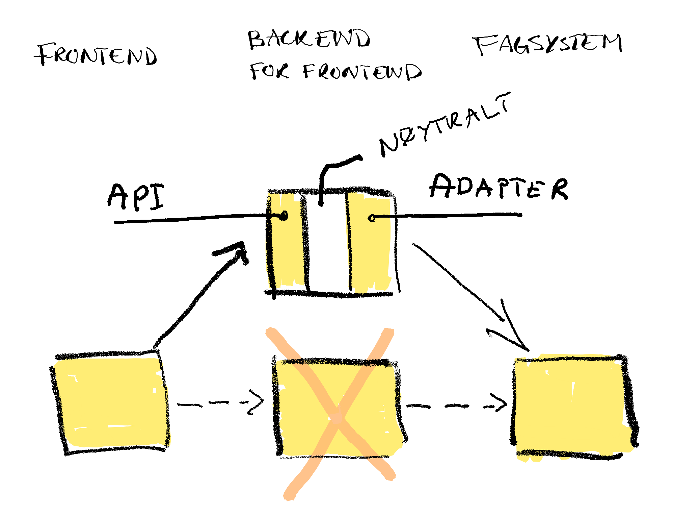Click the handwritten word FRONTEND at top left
point(96,55)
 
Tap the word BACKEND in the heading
point(309,39)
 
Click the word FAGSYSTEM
point(547,44)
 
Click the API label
point(136,197)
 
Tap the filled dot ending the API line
point(284,216)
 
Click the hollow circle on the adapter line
point(371,218)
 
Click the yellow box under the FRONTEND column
point(110,402)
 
